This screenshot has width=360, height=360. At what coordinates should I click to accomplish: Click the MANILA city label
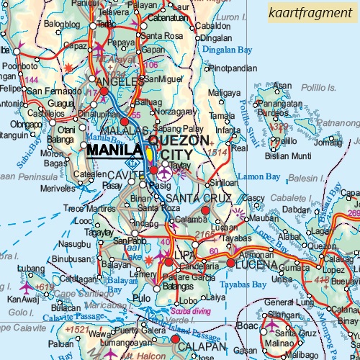[x=113, y=150]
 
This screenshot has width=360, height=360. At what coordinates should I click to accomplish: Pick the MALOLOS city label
[x=125, y=130]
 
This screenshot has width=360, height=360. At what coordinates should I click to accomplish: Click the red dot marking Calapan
[x=175, y=339]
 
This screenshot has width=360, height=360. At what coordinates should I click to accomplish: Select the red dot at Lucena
[x=230, y=264]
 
